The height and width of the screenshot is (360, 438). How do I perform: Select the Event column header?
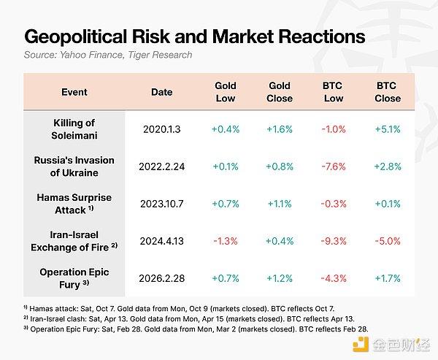74,92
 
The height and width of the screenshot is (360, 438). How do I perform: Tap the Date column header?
161,92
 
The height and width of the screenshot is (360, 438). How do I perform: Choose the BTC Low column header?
333,92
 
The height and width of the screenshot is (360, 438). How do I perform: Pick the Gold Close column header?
279,92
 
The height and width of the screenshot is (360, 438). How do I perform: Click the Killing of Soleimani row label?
74,129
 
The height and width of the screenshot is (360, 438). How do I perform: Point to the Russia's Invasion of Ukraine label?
74,166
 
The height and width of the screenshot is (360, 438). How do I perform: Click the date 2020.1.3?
161,129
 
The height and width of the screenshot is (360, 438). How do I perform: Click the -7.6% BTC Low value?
333,166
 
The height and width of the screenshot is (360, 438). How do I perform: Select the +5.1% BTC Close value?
387,129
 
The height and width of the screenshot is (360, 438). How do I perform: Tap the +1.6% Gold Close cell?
279,129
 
